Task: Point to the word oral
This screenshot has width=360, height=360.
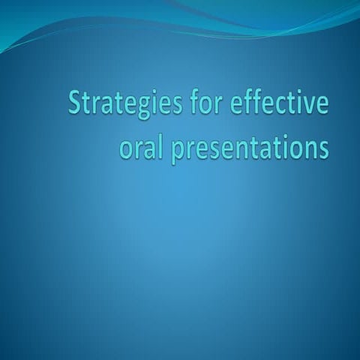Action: tap(139, 147)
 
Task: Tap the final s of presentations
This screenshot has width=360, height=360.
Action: tap(323, 148)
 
